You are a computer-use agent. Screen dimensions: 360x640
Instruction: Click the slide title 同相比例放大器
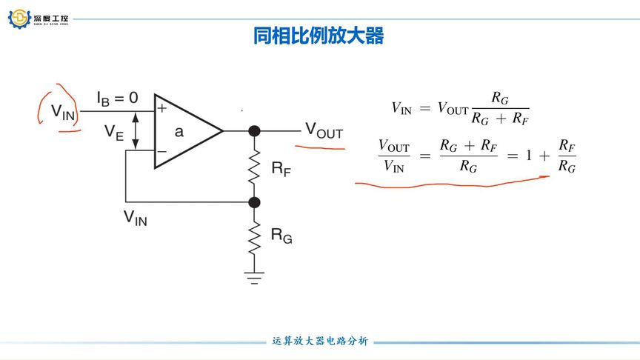(x=319, y=36)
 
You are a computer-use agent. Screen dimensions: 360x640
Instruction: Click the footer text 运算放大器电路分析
(x=320, y=341)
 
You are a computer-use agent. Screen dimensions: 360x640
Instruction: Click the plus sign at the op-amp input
(x=161, y=108)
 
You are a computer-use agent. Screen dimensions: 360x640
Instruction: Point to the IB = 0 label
(x=116, y=97)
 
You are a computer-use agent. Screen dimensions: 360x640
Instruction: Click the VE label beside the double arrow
(x=113, y=132)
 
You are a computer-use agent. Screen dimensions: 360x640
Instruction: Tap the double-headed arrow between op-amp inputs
(x=135, y=130)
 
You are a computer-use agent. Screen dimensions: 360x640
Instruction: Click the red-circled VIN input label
(x=64, y=112)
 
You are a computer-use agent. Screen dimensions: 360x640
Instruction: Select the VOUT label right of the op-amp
(x=324, y=131)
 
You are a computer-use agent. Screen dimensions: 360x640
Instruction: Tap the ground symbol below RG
(x=254, y=277)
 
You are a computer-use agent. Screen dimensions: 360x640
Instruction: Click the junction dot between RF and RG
(x=254, y=201)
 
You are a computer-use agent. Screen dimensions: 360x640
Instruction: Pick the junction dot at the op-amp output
(x=254, y=131)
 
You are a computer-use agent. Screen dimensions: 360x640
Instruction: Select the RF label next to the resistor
(x=281, y=170)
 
